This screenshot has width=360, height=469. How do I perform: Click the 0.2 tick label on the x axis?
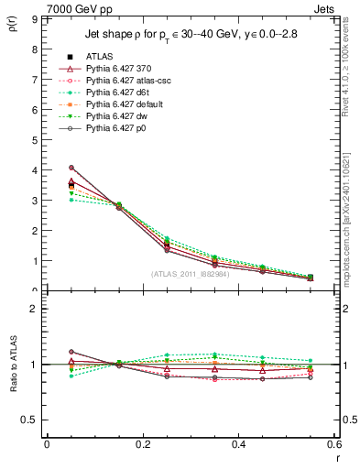coord(142,445)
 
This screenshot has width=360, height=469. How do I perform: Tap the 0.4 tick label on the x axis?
coord(238,445)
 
